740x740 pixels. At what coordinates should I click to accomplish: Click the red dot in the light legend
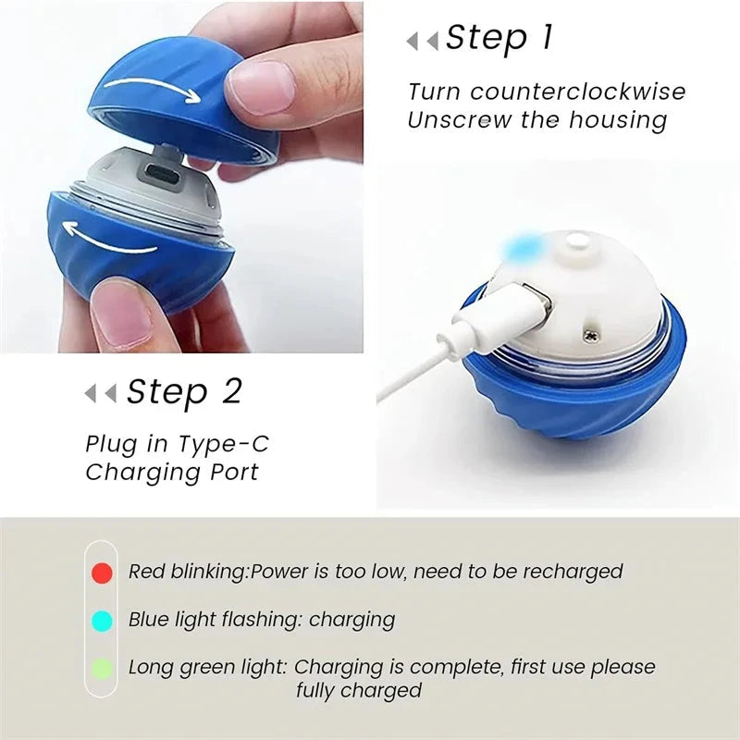[103, 573]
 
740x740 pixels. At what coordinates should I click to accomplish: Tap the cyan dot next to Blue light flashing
[103, 621]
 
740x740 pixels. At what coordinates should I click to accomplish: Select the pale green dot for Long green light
[103, 668]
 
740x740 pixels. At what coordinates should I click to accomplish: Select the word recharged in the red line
[573, 572]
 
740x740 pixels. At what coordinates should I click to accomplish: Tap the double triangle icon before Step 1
[422, 41]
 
